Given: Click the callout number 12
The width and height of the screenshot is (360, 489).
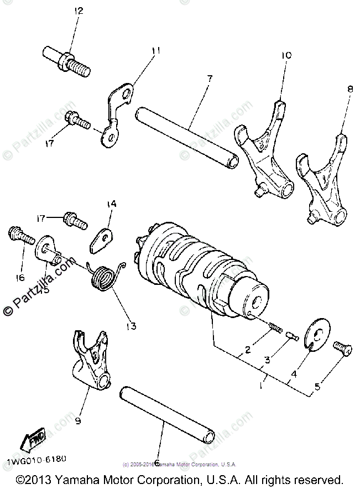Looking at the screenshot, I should point(79,11).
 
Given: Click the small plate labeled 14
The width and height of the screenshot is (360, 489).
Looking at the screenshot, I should point(102,237).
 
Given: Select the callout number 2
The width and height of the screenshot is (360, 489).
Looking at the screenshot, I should point(248,349).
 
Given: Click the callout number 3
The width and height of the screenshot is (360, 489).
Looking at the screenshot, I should point(267,360).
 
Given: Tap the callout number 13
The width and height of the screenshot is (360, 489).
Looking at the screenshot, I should point(131,327).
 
